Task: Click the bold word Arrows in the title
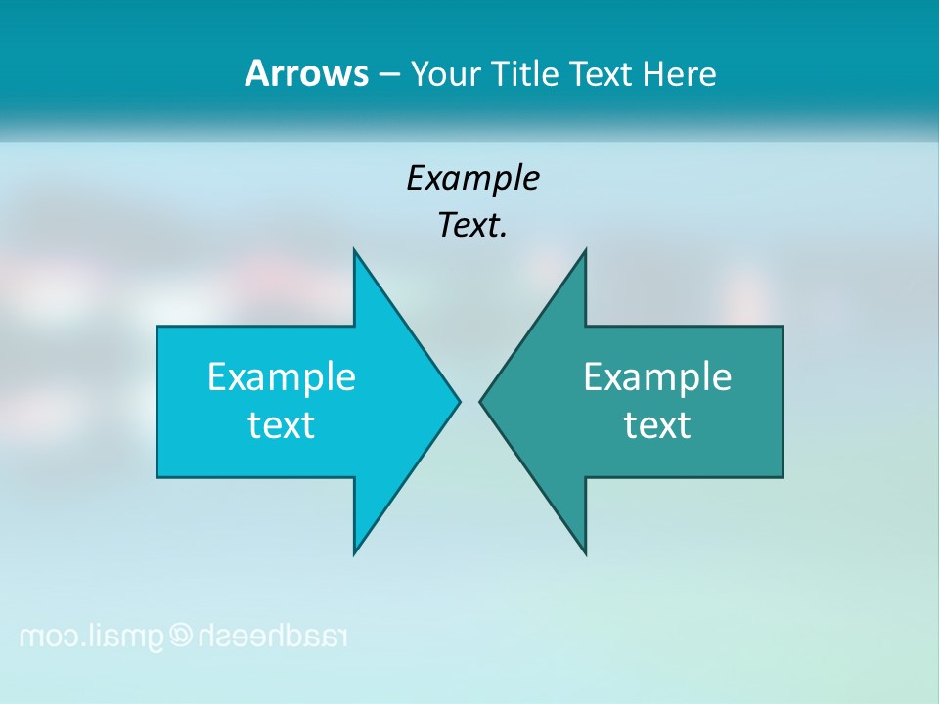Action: coord(305,73)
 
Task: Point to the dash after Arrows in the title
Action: coord(388,75)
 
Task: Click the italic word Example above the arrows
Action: coord(472,179)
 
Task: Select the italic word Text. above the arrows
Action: coord(472,226)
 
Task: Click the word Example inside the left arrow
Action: coord(281,376)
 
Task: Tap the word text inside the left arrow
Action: coord(281,425)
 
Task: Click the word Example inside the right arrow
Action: coord(657,376)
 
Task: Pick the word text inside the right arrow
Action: coord(657,425)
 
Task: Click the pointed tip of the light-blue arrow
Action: coord(459,401)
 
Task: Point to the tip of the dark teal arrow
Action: coord(480,401)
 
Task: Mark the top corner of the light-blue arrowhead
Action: coord(354,250)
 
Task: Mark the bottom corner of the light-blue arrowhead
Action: coord(354,552)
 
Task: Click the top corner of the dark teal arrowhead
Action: coord(585,250)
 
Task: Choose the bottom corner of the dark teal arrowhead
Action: coord(585,552)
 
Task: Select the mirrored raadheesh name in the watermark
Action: coord(274,637)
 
